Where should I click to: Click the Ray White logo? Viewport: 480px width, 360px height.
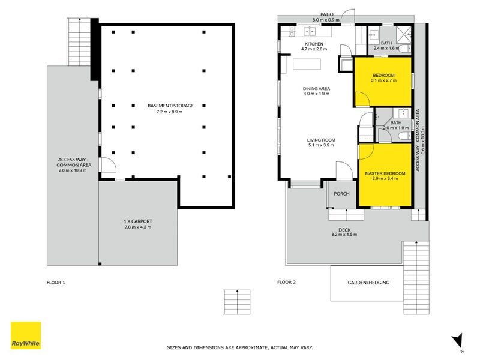click(x=26, y=335)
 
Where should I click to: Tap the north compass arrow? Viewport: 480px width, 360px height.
click(x=457, y=340)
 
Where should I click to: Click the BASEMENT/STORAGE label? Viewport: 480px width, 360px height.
click(x=170, y=106)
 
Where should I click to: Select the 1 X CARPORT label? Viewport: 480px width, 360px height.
click(x=138, y=221)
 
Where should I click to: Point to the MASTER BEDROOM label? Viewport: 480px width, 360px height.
click(x=385, y=173)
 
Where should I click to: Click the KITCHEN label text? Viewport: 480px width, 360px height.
click(x=314, y=44)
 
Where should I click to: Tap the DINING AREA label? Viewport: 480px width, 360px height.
click(x=317, y=88)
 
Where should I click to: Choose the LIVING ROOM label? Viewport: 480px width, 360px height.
click(x=321, y=140)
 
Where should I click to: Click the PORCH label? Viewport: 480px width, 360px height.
click(x=341, y=193)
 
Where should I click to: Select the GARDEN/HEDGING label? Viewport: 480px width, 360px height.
click(x=368, y=283)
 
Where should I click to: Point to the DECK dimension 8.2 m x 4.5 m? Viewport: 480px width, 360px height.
click(x=344, y=235)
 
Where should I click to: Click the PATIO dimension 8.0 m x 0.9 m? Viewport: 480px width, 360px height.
click(x=326, y=20)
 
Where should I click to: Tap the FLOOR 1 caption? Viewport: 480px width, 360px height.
click(x=56, y=283)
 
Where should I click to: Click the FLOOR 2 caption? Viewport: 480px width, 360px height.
click(x=287, y=282)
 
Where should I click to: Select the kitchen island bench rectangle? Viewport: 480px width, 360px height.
click(x=307, y=64)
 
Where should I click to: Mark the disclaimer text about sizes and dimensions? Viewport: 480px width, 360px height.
click(x=240, y=347)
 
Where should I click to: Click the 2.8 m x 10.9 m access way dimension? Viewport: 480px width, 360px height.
click(x=73, y=170)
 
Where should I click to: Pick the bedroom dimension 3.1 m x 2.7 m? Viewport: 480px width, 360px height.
click(x=383, y=80)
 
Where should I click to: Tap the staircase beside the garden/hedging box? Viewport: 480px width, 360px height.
click(x=416, y=277)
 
